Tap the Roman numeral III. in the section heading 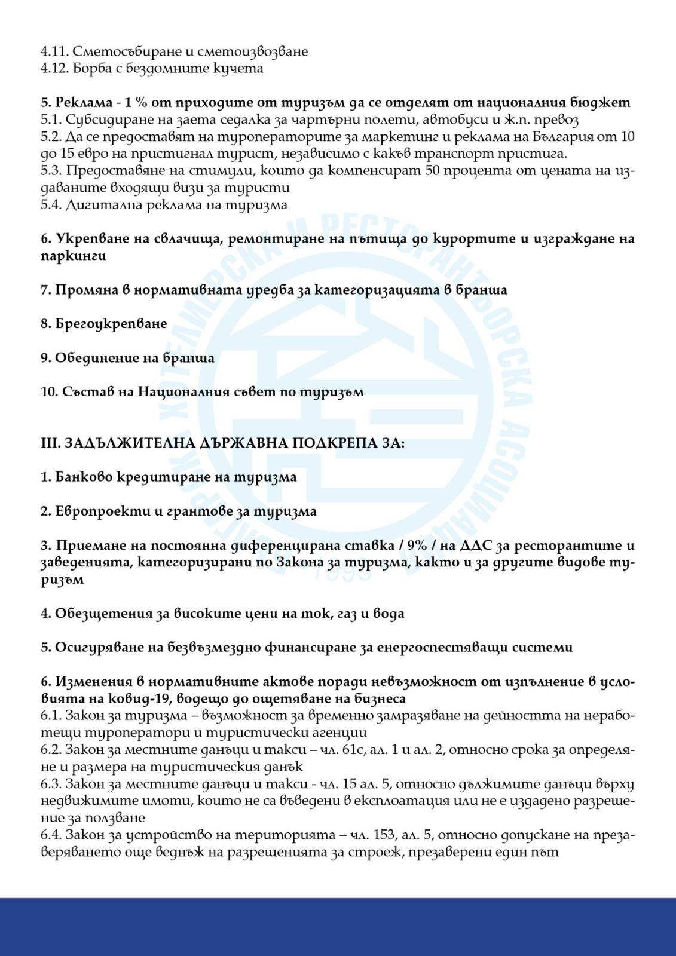49,443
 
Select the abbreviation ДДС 474,546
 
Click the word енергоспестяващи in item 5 470,648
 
